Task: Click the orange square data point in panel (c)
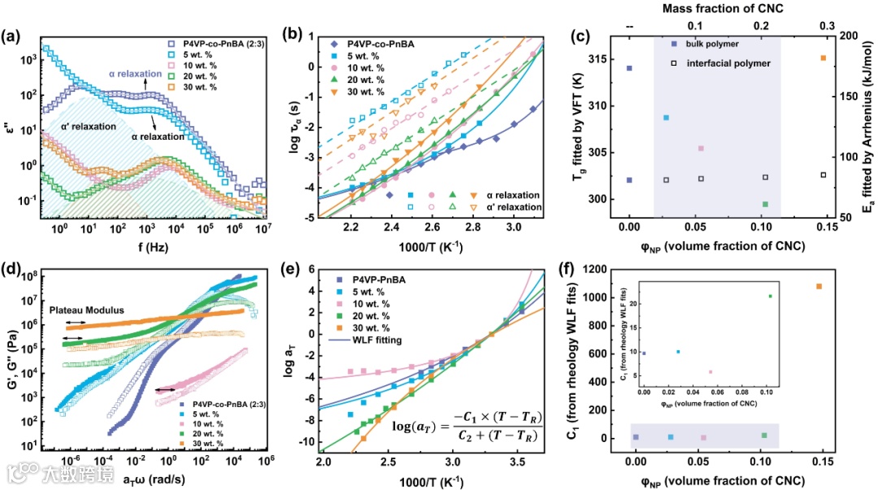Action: (x=824, y=58)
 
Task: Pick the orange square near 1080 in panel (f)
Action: (x=819, y=286)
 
